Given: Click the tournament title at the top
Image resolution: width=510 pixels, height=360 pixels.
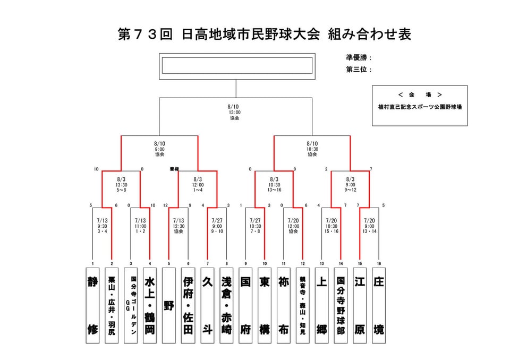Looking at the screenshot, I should tap(264, 35).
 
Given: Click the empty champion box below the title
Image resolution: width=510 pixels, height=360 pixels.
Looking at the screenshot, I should tap(237, 65).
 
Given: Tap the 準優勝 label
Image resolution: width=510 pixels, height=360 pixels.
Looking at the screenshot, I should tap(359, 58).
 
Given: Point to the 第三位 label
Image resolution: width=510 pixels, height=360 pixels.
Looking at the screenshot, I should tap(359, 70).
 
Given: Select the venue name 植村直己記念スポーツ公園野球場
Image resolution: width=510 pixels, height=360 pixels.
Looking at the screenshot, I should tap(419, 107).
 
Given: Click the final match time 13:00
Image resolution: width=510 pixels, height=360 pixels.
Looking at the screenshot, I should tap(234, 112).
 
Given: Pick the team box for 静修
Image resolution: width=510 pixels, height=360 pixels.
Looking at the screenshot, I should tap(92, 305).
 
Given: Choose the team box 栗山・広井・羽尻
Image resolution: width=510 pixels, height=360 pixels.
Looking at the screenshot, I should tap(112, 305).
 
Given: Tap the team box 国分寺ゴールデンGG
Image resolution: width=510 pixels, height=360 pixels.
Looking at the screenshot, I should tap(131, 305).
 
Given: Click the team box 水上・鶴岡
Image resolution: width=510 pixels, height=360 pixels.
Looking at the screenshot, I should tap(150, 305).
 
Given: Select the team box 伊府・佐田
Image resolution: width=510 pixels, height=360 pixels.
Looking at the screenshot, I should tap(188, 305).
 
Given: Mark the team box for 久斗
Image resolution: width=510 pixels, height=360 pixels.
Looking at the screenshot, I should tap(207, 305).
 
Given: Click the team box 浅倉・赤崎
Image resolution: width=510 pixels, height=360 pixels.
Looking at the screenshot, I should tap(226, 305).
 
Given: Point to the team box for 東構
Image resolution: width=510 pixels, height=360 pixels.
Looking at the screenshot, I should tap(265, 305).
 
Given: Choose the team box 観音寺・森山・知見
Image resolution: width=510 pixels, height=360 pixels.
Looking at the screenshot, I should tap(303, 305).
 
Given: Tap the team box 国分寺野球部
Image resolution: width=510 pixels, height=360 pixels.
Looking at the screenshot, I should tap(341, 305).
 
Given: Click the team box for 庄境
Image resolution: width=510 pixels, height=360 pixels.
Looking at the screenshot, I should tap(379, 305).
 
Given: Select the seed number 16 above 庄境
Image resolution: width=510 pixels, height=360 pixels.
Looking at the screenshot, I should tap(379, 263).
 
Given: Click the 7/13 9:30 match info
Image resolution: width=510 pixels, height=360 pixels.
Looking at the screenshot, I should tap(102, 226).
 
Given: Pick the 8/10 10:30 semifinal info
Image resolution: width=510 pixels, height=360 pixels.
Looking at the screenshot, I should tap(312, 149).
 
